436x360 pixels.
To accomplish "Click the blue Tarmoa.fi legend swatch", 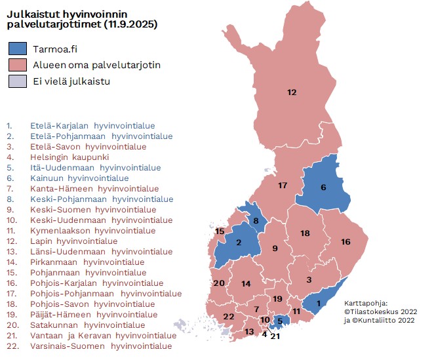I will pos(18,49).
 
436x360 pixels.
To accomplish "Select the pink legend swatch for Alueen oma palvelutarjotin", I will pos(18,65).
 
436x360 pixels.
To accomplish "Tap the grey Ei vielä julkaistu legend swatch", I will pos(18,81).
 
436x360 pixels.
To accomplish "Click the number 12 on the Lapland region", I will pos(292,92).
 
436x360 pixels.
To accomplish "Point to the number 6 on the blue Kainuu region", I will pos(323,188).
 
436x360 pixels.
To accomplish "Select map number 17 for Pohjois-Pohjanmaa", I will pos(283,186).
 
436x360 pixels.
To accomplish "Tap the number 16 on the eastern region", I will pos(346,242).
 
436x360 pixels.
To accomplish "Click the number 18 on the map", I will pos(305,233).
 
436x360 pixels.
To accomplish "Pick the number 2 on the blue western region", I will pos(239,243).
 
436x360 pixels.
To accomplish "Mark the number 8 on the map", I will pos(256,220).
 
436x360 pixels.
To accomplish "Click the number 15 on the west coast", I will pos(220,231).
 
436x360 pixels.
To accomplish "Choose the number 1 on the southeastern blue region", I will pos(318,303).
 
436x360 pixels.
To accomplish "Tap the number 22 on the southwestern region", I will pos(229,317).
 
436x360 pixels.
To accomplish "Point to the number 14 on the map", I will pos(246,283).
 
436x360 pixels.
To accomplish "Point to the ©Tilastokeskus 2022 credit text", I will pos(380,311).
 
